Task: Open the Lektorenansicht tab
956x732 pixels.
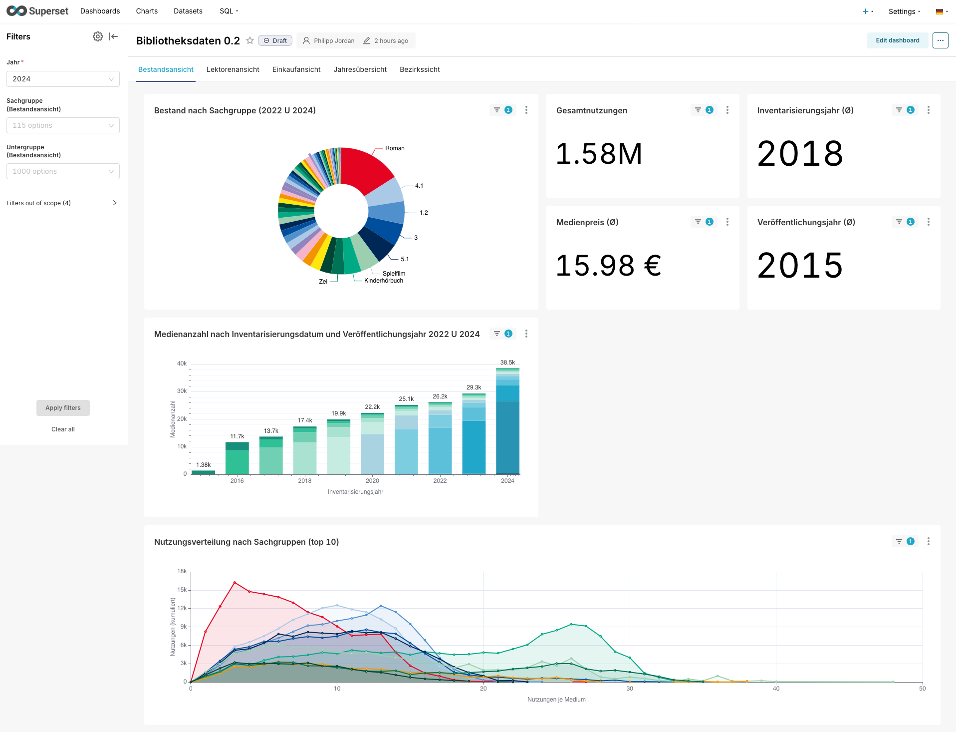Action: [x=233, y=69]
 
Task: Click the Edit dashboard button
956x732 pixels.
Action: [x=897, y=40]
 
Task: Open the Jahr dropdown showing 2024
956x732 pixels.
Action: [x=63, y=79]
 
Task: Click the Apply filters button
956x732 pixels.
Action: [x=63, y=408]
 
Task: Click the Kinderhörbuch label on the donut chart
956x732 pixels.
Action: [x=383, y=281]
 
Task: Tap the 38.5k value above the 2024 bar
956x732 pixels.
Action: [x=507, y=363]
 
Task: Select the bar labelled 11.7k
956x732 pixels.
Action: [x=237, y=458]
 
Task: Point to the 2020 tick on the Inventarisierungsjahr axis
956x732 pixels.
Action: [x=372, y=481]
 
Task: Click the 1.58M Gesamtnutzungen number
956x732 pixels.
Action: [x=599, y=154]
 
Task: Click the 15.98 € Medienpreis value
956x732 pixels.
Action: [x=608, y=265]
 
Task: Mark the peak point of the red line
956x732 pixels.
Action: [x=235, y=582]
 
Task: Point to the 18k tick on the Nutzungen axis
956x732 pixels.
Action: [x=182, y=571]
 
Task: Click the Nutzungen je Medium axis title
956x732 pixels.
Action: [x=556, y=700]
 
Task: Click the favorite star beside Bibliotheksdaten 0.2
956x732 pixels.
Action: [x=250, y=40]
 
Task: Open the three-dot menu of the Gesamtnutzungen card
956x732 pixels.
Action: [x=727, y=110]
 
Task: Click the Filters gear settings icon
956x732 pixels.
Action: [x=98, y=36]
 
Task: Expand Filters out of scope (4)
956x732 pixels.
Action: [x=114, y=203]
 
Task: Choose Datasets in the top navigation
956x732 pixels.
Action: [x=188, y=11]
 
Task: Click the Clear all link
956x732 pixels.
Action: [x=63, y=429]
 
